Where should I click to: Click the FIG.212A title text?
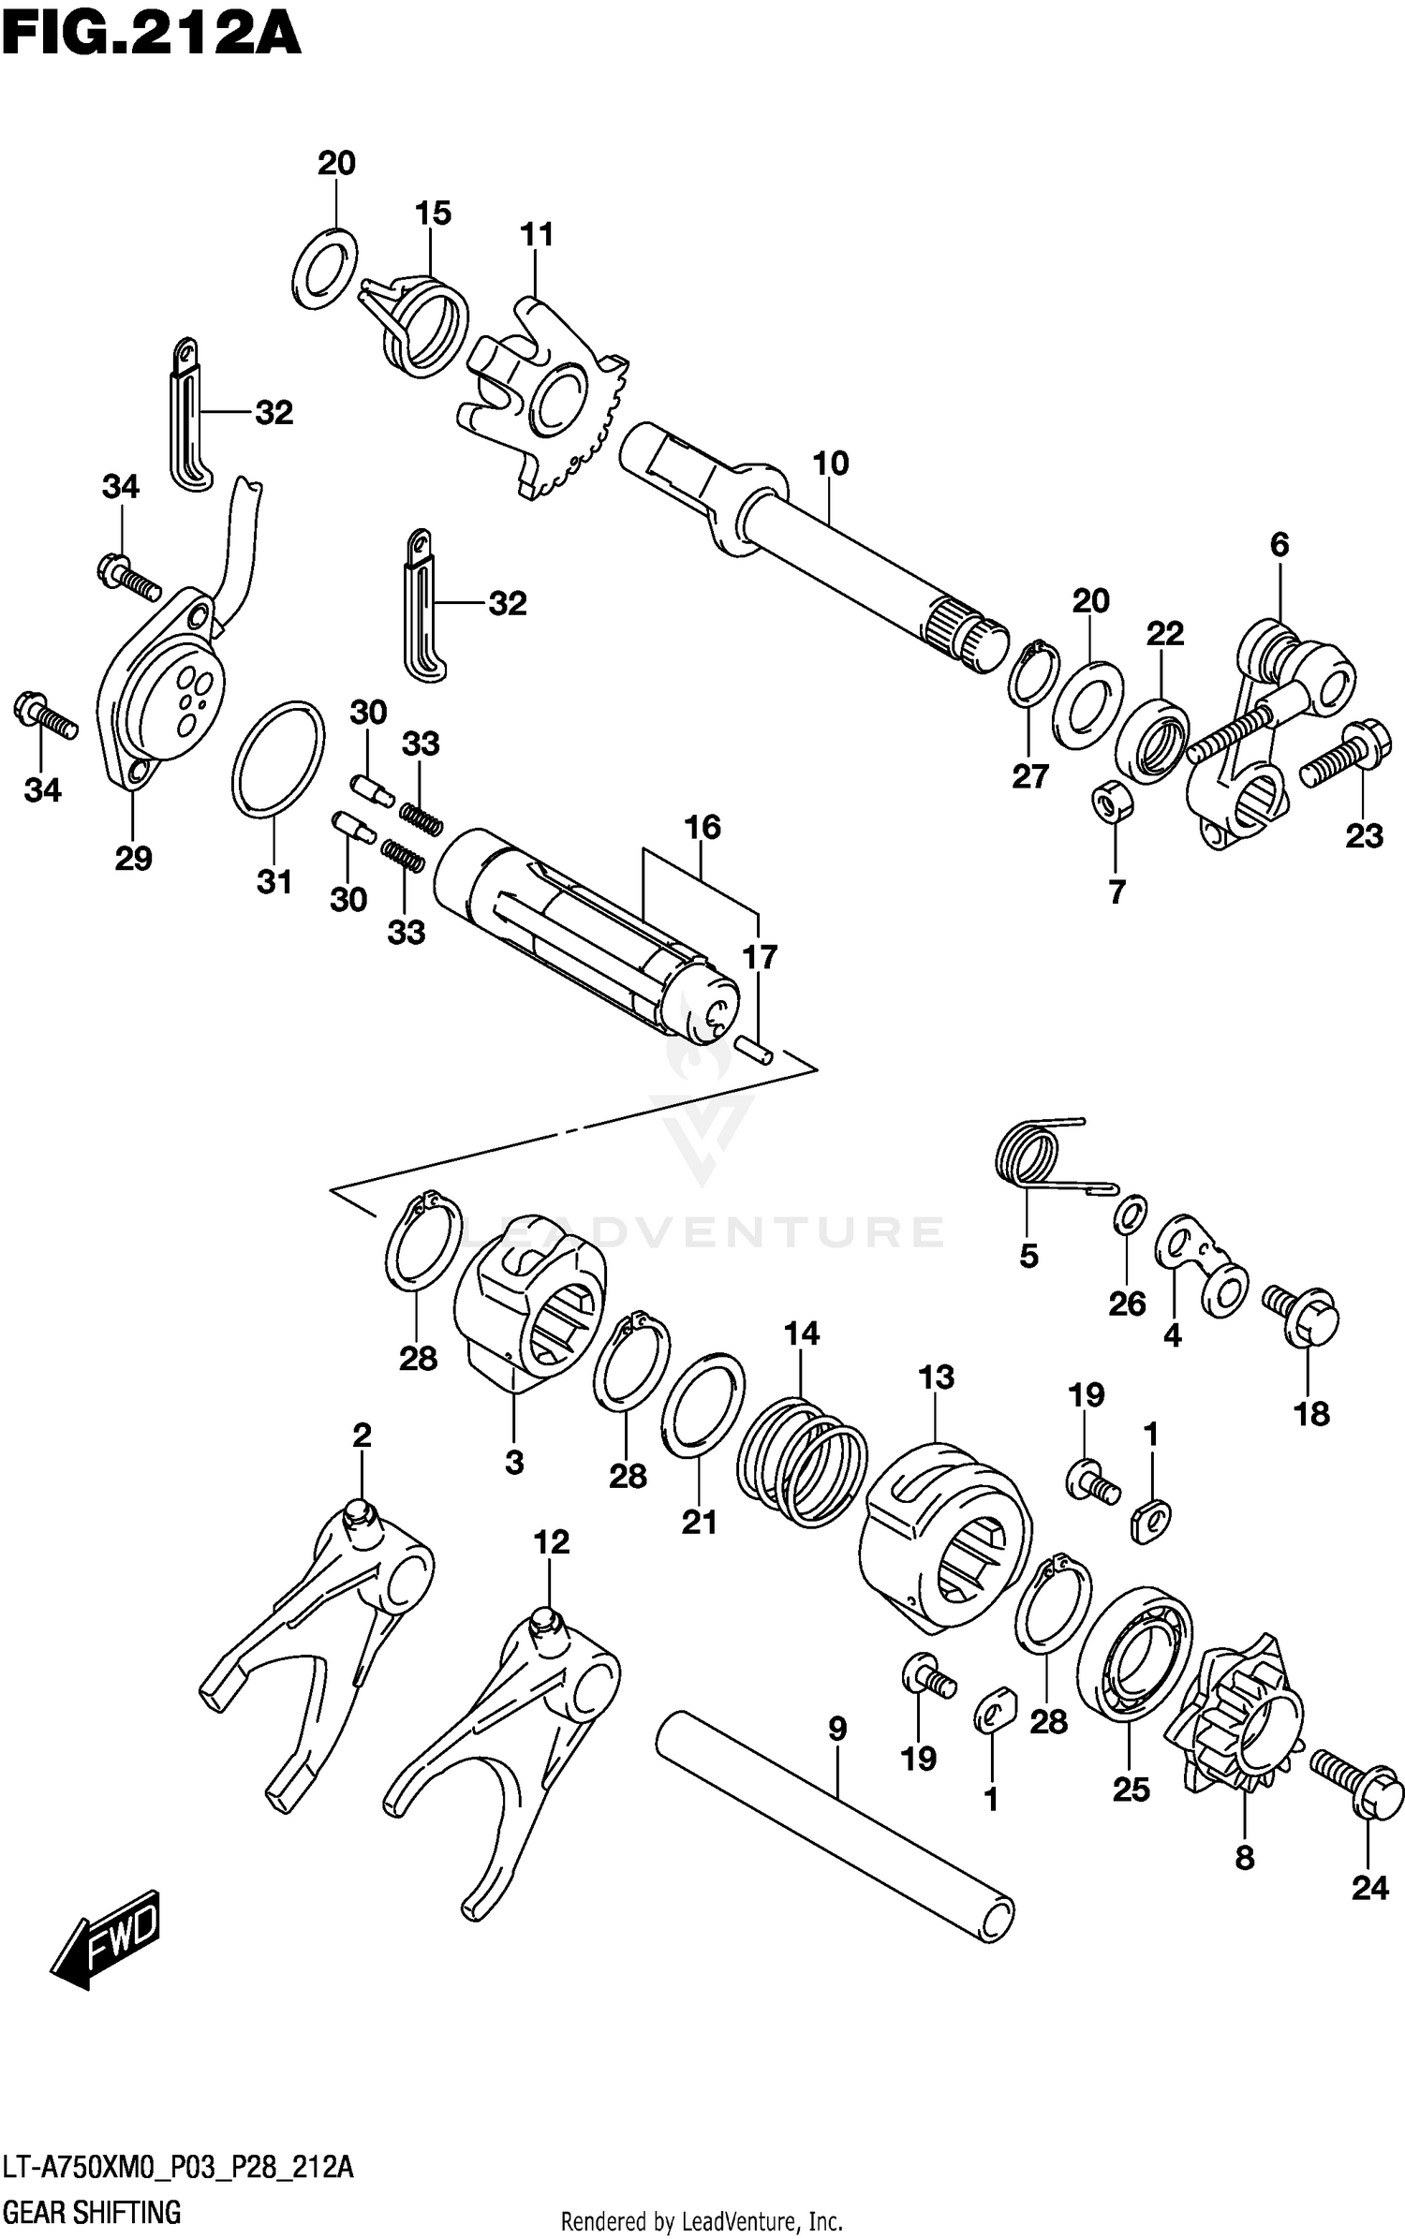pos(150,37)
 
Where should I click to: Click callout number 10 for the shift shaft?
pos(830,464)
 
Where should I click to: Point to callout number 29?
pos(133,858)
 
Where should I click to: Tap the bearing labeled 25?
pos(1133,1655)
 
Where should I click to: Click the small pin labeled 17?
pos(755,1047)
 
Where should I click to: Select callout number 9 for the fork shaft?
pos(836,1729)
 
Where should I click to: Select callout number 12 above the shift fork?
pos(551,1542)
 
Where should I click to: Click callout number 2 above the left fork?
pos(362,1435)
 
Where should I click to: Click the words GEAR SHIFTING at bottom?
pos(92,2213)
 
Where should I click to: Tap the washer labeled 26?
pos(1131,1215)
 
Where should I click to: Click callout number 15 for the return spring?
pos(433,214)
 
